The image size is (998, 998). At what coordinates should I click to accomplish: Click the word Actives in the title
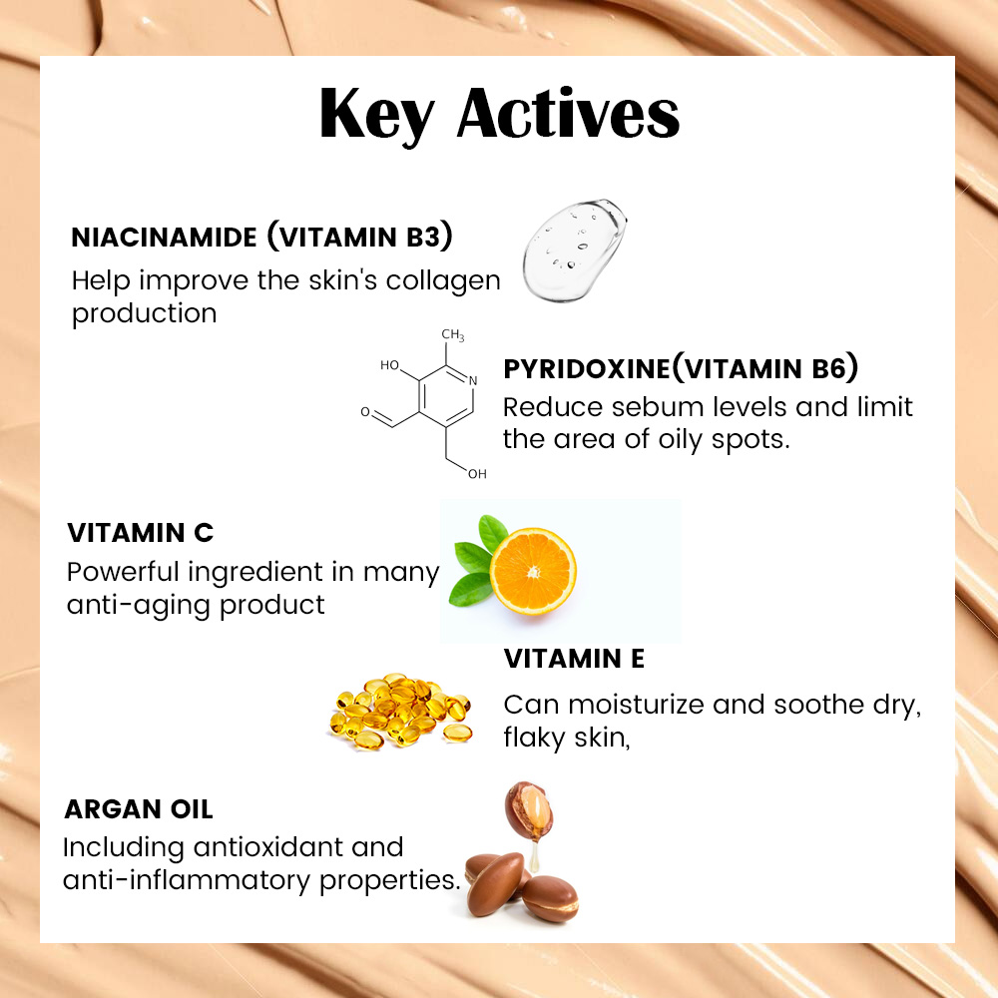(569, 114)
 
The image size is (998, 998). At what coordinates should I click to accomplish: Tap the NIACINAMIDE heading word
(164, 238)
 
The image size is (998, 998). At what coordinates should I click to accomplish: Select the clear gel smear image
(574, 249)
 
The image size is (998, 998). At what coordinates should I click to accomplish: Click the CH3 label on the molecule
(452, 335)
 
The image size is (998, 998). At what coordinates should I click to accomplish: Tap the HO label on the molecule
(389, 364)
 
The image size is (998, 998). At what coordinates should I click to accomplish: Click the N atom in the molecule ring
(473, 380)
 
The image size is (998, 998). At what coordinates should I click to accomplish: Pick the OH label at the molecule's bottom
(477, 473)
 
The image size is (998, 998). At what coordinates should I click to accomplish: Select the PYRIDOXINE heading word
(586, 369)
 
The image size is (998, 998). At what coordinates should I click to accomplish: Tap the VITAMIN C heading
(140, 533)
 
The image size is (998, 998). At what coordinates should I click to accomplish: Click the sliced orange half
(533, 571)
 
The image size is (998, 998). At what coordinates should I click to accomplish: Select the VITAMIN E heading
(574, 659)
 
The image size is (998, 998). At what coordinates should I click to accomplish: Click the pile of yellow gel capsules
(401, 711)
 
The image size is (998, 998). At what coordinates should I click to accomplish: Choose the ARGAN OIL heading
(139, 809)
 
